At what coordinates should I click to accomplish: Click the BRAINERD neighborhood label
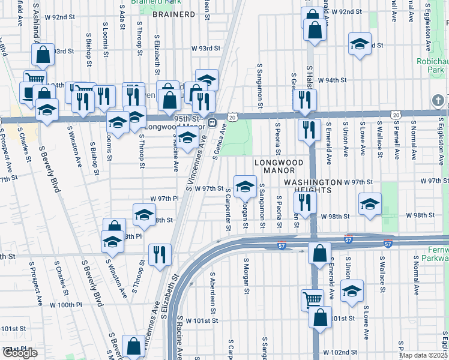pyautogui.click(x=173, y=13)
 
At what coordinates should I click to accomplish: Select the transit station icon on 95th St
pyautogui.click(x=212, y=122)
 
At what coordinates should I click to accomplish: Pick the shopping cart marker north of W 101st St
pyautogui.click(x=312, y=298)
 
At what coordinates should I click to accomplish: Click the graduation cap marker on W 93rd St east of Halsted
pyautogui.click(x=360, y=44)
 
